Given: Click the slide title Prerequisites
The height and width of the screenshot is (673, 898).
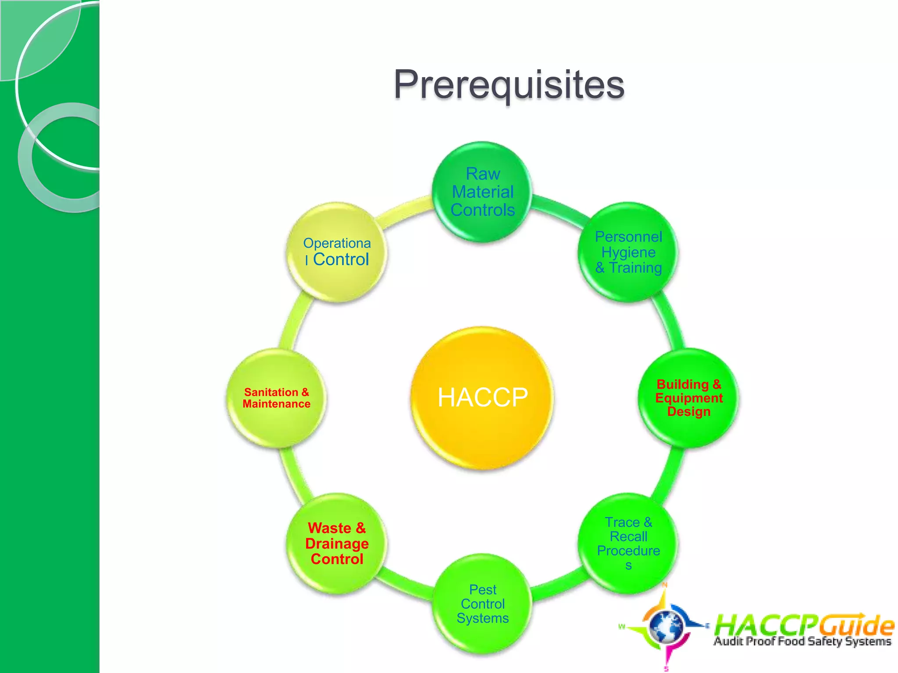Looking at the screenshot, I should tap(509, 85).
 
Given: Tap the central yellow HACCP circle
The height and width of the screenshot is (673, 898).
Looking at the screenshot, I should tap(482, 397).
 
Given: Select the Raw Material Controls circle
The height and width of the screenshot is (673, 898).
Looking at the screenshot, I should tap(482, 192).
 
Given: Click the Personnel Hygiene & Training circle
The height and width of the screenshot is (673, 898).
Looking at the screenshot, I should tap(628, 252).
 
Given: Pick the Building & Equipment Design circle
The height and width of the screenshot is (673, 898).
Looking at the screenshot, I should tap(688, 397).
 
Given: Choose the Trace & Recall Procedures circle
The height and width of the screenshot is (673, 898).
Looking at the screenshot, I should tap(628, 543).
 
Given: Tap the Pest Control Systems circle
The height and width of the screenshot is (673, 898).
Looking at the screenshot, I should tap(482, 604).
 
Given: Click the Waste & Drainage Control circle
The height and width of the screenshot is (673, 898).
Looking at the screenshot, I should tap(337, 543).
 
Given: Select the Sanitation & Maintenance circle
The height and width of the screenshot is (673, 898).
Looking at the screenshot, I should tap(276, 397).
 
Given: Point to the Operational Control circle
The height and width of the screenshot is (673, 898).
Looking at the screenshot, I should tap(337, 252).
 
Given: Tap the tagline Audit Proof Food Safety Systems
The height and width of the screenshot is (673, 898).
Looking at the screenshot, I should tap(802, 641).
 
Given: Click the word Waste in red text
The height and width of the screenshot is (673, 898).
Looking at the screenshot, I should tap(329, 528).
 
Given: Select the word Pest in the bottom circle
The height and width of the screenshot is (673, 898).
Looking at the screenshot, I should tap(482, 590).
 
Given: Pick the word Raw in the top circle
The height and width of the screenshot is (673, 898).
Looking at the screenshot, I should tap(482, 174).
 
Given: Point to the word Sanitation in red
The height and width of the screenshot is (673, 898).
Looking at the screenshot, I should tap(271, 392).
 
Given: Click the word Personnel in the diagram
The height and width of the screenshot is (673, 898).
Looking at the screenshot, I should tap(628, 237).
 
